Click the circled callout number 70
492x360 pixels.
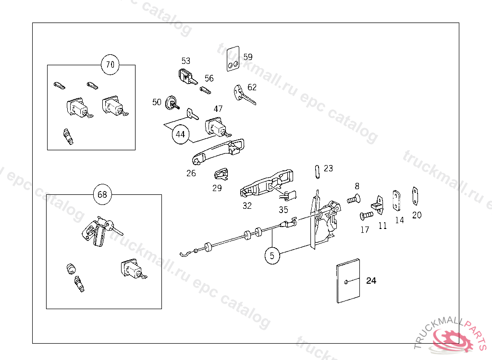[111, 65]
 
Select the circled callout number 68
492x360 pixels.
[102, 194]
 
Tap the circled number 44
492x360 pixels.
[180, 135]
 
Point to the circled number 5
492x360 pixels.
[272, 256]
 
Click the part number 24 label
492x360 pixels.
[371, 281]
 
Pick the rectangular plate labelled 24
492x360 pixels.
[349, 281]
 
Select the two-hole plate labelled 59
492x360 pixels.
[233, 58]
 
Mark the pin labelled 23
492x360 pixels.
[317, 171]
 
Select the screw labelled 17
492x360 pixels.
[366, 216]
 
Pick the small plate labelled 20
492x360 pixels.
[415, 196]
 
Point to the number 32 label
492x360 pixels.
[247, 206]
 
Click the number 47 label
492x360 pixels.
[218, 109]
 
